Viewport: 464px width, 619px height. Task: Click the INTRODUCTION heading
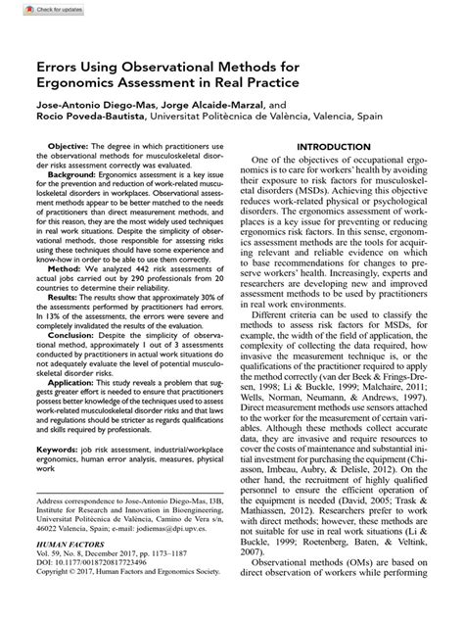pyautogui.click(x=336, y=148)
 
